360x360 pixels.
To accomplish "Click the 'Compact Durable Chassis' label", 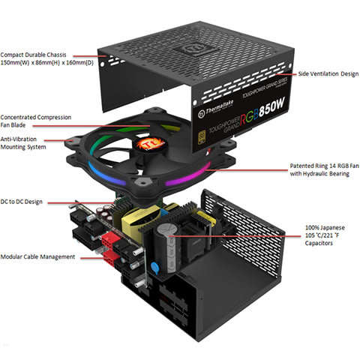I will (x=38, y=54).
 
